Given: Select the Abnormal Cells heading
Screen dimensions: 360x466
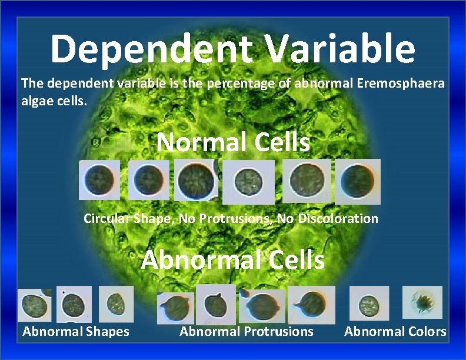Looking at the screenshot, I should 233,259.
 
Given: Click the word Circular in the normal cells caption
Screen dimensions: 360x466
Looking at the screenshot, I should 104,219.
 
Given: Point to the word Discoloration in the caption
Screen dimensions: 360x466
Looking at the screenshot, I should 338,219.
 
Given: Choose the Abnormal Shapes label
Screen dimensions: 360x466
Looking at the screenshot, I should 76,332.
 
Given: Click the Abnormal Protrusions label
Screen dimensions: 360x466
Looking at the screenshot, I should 247,332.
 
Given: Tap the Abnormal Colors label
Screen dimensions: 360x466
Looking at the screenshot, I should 395,332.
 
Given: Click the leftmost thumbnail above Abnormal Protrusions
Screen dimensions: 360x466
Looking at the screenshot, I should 175,308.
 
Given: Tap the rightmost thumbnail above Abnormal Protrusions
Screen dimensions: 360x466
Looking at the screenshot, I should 312,305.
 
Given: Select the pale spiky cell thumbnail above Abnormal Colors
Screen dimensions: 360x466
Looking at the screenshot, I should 422,302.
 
